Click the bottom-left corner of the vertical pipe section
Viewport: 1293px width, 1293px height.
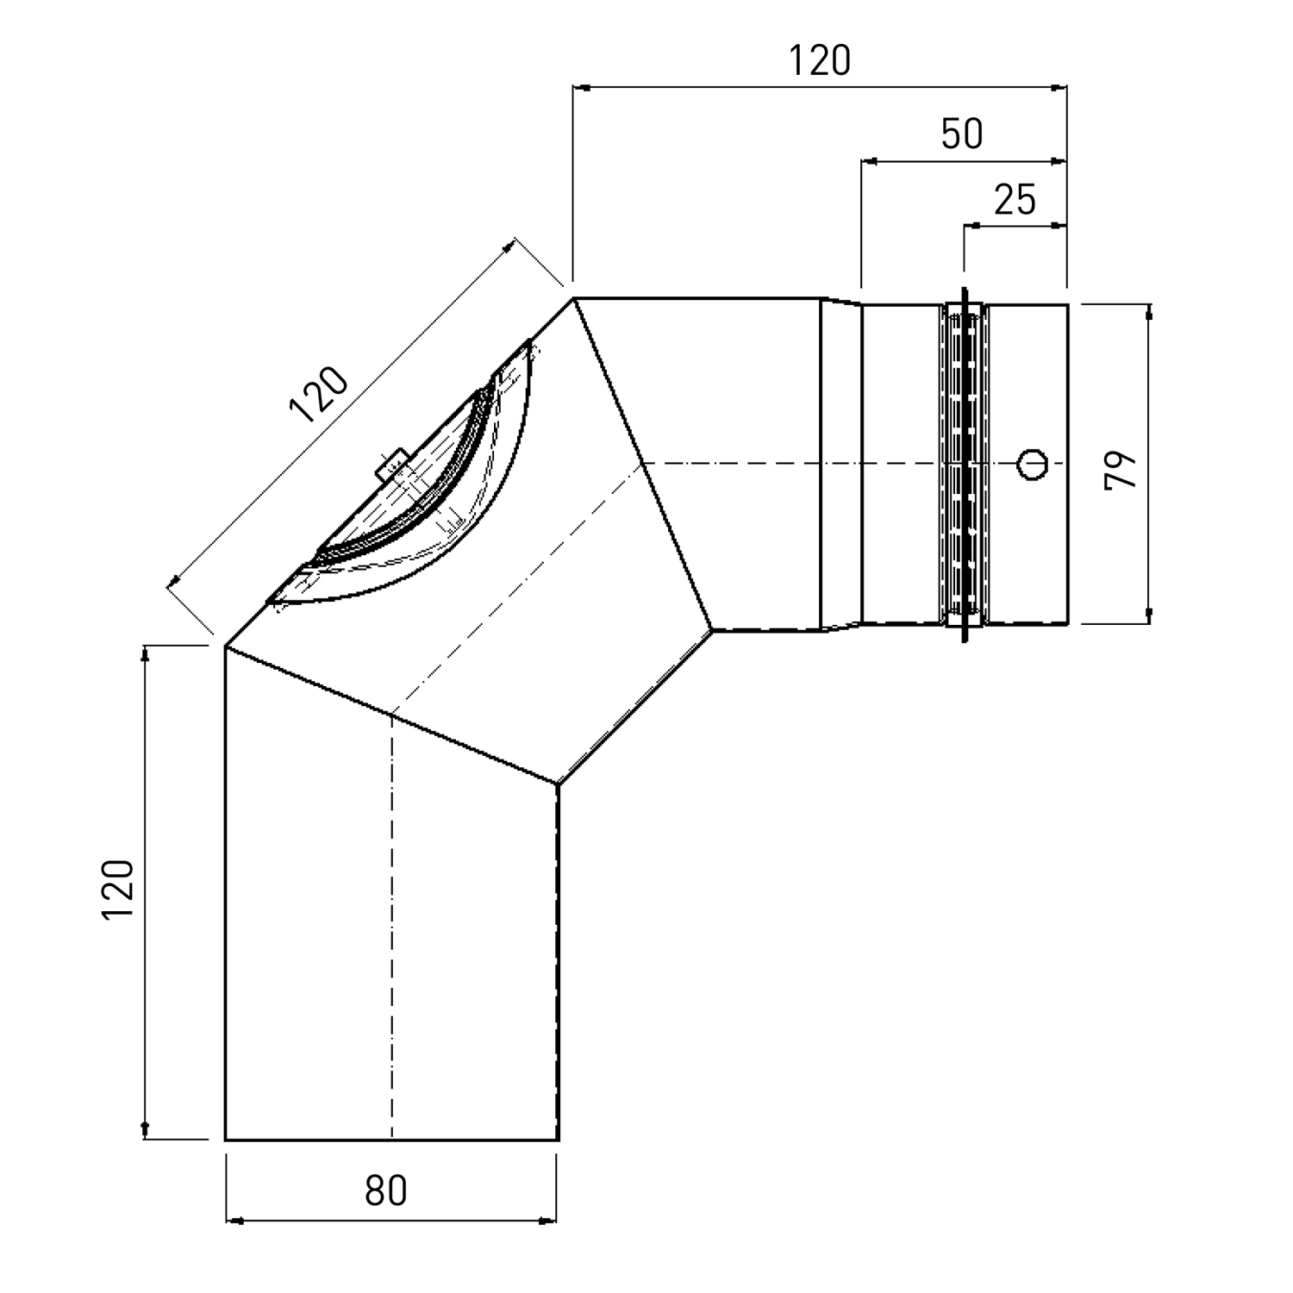(x=225, y=1140)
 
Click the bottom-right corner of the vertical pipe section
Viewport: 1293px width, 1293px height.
(x=559, y=1140)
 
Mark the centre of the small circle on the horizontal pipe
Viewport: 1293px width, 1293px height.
(x=1033, y=463)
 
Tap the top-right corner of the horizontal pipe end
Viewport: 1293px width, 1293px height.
(x=1068, y=304)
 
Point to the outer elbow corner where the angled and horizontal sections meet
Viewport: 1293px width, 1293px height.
(x=574, y=298)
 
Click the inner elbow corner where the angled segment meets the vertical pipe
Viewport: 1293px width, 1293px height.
(x=559, y=784)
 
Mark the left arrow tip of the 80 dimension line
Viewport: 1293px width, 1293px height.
(x=227, y=1221)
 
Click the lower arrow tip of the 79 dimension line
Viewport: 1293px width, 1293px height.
(x=1149, y=621)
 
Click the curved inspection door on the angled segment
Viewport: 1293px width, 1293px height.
(x=405, y=483)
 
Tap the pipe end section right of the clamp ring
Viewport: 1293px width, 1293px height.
(x=1028, y=463)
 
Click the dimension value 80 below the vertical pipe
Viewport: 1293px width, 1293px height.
(x=385, y=1191)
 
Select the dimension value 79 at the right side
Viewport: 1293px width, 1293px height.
(x=1121, y=470)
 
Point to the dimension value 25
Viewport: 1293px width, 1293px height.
(x=1015, y=200)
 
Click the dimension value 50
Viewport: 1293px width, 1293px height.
(x=962, y=134)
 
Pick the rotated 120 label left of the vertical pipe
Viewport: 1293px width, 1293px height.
(x=118, y=890)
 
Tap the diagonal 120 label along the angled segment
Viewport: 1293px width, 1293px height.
(x=319, y=395)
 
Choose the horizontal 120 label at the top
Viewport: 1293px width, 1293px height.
(x=820, y=60)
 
